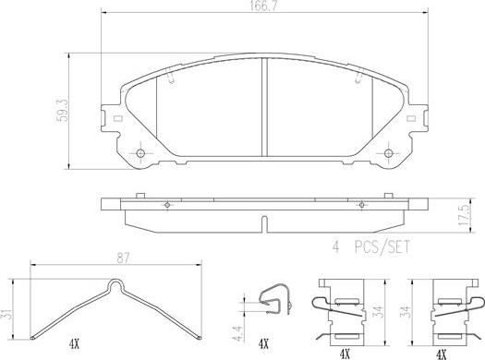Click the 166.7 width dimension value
click(263, 6)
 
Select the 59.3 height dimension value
click(63, 111)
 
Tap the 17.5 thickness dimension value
click(465, 215)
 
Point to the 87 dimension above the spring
click(123, 258)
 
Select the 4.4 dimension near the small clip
click(238, 333)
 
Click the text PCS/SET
click(382, 246)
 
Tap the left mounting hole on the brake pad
click(140, 153)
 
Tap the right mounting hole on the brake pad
click(388, 153)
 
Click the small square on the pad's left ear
click(117, 118)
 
